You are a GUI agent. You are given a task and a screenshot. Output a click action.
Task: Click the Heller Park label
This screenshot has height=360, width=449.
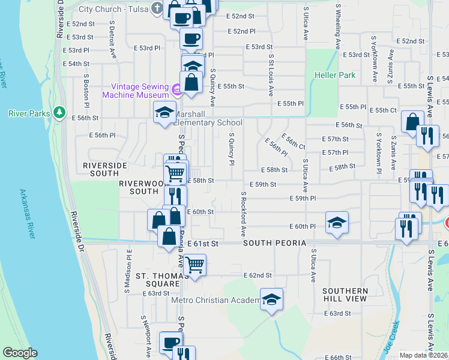[334, 76]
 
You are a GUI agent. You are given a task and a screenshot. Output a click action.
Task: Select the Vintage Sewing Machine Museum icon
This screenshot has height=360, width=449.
[177, 91]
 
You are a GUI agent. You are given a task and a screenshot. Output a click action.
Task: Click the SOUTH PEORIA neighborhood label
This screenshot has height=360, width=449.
[274, 243]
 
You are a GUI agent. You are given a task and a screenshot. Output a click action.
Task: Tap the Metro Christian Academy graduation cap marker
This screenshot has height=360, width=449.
[271, 299]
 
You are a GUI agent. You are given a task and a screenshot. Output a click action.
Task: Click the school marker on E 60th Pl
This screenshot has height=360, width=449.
[337, 223]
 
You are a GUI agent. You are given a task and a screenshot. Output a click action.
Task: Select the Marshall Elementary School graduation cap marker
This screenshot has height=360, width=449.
[164, 113]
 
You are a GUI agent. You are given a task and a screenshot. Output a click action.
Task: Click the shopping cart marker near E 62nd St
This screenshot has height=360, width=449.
[194, 265]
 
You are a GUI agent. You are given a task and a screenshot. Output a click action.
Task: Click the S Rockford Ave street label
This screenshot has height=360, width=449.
[244, 214]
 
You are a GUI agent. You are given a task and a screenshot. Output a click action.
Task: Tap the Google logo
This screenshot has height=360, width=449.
[20, 353]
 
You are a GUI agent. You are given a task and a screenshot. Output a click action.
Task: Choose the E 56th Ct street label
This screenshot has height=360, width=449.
[292, 143]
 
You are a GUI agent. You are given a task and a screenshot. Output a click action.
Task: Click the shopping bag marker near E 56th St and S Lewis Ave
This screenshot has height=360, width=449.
[412, 122]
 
